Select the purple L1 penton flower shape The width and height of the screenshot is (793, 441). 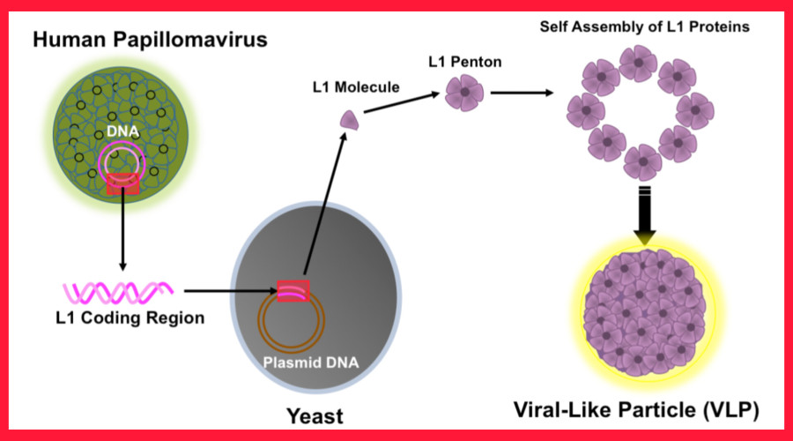click(x=464, y=91)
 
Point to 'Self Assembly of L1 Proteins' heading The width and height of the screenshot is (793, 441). click(x=644, y=26)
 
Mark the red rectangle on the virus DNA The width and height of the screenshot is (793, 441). click(x=122, y=183)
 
